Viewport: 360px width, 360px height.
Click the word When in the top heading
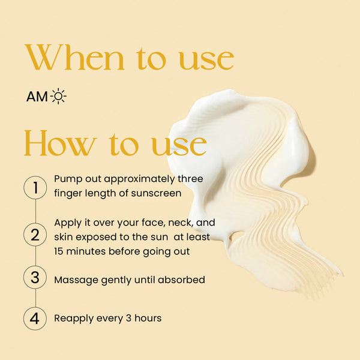click(x=74, y=57)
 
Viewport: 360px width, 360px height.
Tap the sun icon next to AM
click(x=59, y=96)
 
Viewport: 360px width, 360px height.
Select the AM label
click(x=37, y=97)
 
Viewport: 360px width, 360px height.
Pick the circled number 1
click(x=35, y=187)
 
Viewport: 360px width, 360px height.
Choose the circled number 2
click(x=35, y=235)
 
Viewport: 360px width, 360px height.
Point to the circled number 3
click(x=35, y=277)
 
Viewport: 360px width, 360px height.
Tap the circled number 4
click(x=35, y=319)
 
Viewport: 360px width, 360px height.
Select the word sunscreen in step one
click(x=156, y=193)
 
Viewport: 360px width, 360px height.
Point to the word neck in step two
click(x=181, y=223)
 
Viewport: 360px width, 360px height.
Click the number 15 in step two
click(x=58, y=251)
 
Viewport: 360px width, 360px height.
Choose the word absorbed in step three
click(x=181, y=280)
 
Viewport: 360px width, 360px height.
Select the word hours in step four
click(x=148, y=318)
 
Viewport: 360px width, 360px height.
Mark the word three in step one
click(x=190, y=179)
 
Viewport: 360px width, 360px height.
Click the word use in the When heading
click(x=206, y=61)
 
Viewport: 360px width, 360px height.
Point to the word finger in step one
click(x=68, y=194)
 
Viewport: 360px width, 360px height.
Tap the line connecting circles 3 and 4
click(x=35, y=298)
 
